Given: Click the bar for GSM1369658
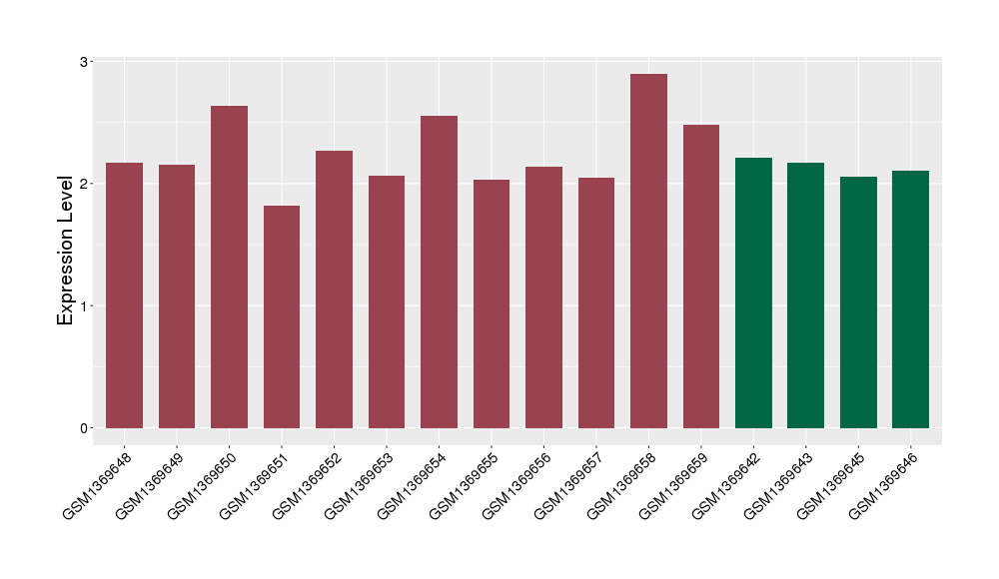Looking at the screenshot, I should click(x=648, y=251).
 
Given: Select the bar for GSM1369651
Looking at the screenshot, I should click(x=282, y=316).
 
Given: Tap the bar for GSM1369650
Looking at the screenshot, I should click(x=229, y=267).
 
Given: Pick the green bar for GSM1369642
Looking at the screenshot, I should click(x=753, y=292).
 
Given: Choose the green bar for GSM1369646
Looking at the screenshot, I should click(x=910, y=299).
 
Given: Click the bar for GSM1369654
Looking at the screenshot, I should click(x=439, y=272).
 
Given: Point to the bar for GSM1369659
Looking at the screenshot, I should click(x=701, y=277).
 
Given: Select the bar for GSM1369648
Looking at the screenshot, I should click(x=125, y=295).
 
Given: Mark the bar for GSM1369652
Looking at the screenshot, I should click(x=334, y=289).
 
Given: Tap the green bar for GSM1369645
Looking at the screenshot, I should click(x=858, y=302).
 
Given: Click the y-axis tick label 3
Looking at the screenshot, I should click(x=85, y=62).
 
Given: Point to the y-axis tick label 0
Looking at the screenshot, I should click(x=85, y=428).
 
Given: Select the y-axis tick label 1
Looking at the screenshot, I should click(x=85, y=306).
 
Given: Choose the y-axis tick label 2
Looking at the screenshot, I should click(x=85, y=184).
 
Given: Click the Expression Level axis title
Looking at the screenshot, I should click(x=66, y=251).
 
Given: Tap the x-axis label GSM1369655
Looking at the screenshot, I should click(x=464, y=482).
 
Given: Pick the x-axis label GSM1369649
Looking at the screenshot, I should click(x=150, y=482).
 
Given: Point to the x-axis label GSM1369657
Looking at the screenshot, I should click(x=568, y=482).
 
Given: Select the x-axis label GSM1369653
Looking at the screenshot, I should click(x=359, y=482).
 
